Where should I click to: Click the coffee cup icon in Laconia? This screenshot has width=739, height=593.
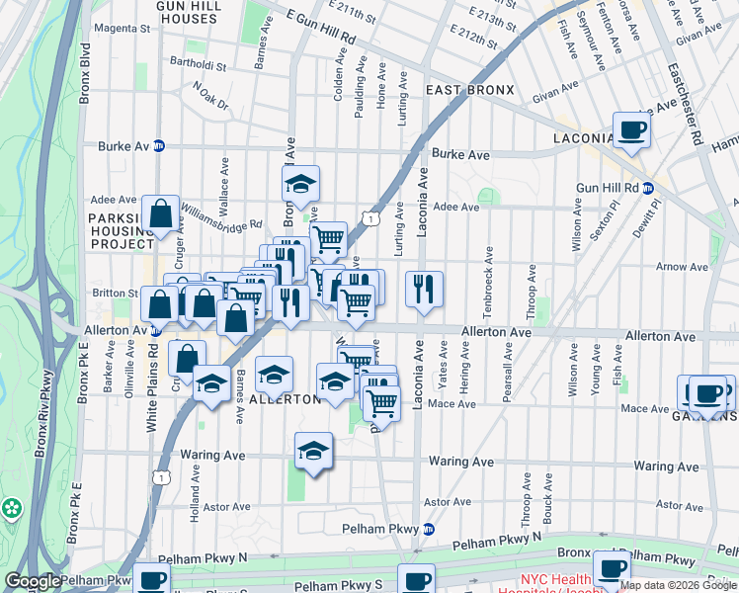(x=631, y=128)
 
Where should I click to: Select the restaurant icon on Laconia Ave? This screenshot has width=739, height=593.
(x=424, y=289)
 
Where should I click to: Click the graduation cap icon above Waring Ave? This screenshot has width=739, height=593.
(x=313, y=451)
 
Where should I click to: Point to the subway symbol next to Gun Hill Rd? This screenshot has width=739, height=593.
(x=648, y=188)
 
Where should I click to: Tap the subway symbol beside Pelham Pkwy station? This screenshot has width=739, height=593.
(x=428, y=529)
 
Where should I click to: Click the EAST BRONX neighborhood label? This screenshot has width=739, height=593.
(x=470, y=90)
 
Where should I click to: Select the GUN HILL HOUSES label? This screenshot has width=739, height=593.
(x=186, y=12)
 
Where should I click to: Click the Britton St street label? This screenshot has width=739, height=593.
(x=116, y=293)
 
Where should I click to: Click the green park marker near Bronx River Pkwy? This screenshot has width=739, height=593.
(x=12, y=509)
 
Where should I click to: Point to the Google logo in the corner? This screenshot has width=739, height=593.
(x=32, y=581)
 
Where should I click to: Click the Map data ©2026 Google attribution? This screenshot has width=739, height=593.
(x=678, y=585)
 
